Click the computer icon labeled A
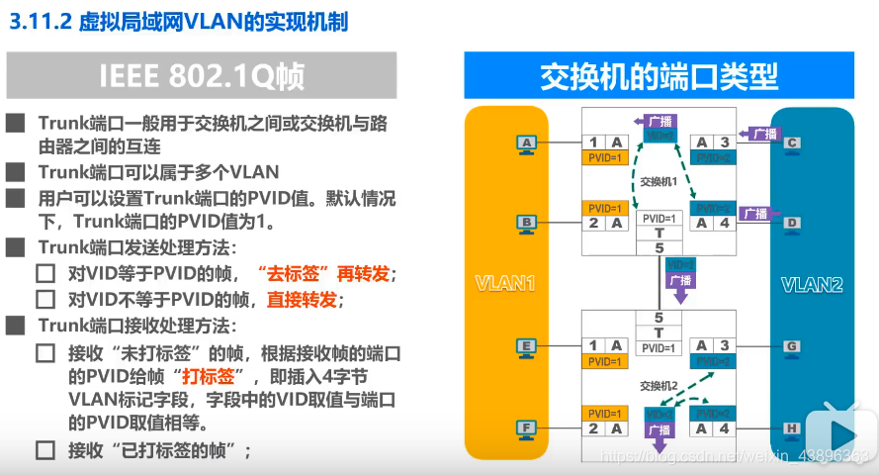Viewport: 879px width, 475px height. [x=527, y=143]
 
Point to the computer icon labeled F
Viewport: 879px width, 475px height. [x=527, y=428]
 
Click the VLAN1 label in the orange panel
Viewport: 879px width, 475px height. [x=504, y=285]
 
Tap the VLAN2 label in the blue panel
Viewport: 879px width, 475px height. [x=812, y=285]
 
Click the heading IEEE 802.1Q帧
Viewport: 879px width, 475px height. [x=201, y=76]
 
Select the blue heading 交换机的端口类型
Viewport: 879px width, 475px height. [x=659, y=75]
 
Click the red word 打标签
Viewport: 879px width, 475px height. [x=208, y=376]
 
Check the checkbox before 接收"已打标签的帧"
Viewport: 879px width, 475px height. [x=45, y=451]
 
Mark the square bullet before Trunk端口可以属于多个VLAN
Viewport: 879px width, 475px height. [x=15, y=171]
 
